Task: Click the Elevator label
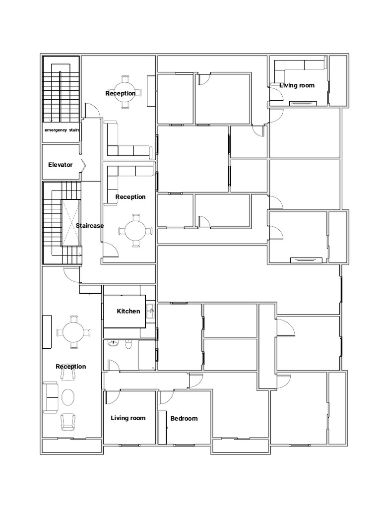pyautogui.click(x=60, y=165)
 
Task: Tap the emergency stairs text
pyautogui.click(x=62, y=130)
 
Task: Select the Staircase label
pyautogui.click(x=90, y=226)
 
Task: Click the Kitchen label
pyautogui.click(x=128, y=311)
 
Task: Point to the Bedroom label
pyautogui.click(x=184, y=418)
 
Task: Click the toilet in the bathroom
pyautogui.click(x=128, y=344)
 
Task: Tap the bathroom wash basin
pyautogui.click(x=113, y=343)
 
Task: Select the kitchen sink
pyautogui.click(x=150, y=312)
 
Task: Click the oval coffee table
pyautogui.click(x=67, y=397)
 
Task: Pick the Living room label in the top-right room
pyautogui.click(x=297, y=85)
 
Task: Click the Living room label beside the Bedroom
pyautogui.click(x=128, y=418)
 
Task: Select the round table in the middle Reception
pyautogui.click(x=136, y=230)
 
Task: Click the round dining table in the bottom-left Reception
pyautogui.click(x=73, y=332)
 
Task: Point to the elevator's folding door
pyautogui.click(x=83, y=166)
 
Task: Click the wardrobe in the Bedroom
pyautogui.click(x=162, y=428)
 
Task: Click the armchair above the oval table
pyautogui.click(x=67, y=375)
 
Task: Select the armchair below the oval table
pyautogui.click(x=67, y=422)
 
